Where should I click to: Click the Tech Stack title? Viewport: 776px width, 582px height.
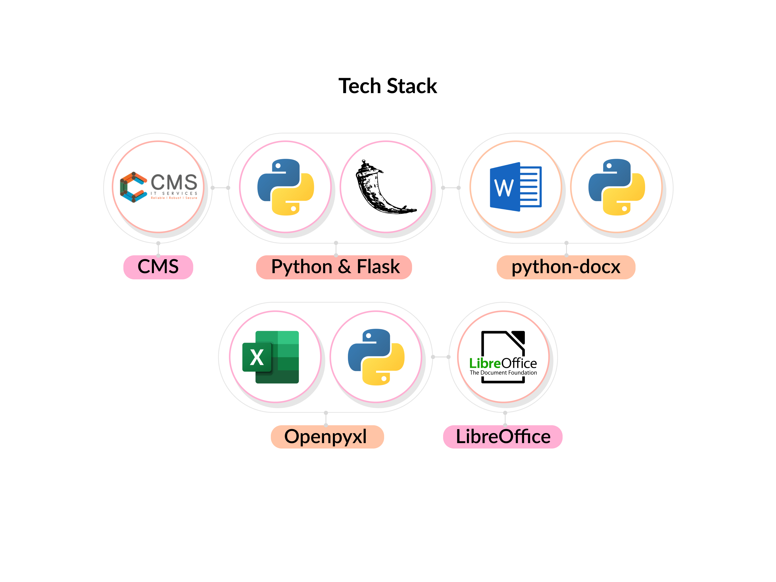tap(388, 86)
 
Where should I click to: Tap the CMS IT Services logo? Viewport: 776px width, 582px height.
tap(159, 187)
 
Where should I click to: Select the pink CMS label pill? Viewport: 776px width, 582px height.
tap(158, 267)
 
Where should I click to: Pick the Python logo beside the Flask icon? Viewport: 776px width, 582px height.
tap(286, 187)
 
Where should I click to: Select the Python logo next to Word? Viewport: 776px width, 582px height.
tap(616, 187)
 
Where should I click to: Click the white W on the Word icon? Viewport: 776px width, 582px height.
tap(504, 188)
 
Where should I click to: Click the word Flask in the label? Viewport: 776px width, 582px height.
tap(378, 267)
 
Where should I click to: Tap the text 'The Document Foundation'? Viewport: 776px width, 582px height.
tap(503, 372)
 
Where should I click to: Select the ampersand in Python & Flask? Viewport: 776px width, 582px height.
tap(345, 267)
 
